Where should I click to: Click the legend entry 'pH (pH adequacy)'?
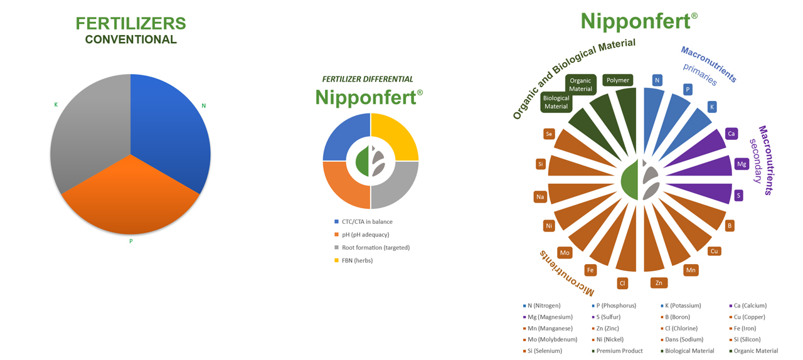click(x=362, y=235)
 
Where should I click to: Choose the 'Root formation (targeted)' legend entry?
click(x=372, y=247)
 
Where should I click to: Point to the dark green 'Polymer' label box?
click(x=618, y=80)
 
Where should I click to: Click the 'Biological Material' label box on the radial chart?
click(x=556, y=102)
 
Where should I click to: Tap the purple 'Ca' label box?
click(x=731, y=134)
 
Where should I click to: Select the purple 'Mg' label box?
click(x=742, y=164)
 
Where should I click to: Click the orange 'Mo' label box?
click(x=565, y=253)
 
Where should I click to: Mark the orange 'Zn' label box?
click(x=659, y=283)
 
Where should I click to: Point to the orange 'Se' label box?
click(x=549, y=134)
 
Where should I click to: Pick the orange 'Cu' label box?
click(x=714, y=251)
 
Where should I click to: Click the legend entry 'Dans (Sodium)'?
click(x=682, y=339)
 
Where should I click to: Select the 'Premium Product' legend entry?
click(x=617, y=351)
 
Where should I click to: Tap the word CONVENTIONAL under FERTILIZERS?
click(x=131, y=40)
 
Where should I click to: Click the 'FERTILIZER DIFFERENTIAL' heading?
click(x=368, y=79)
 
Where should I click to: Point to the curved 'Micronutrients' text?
click(x=566, y=273)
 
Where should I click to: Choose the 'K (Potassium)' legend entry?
click(x=681, y=305)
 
